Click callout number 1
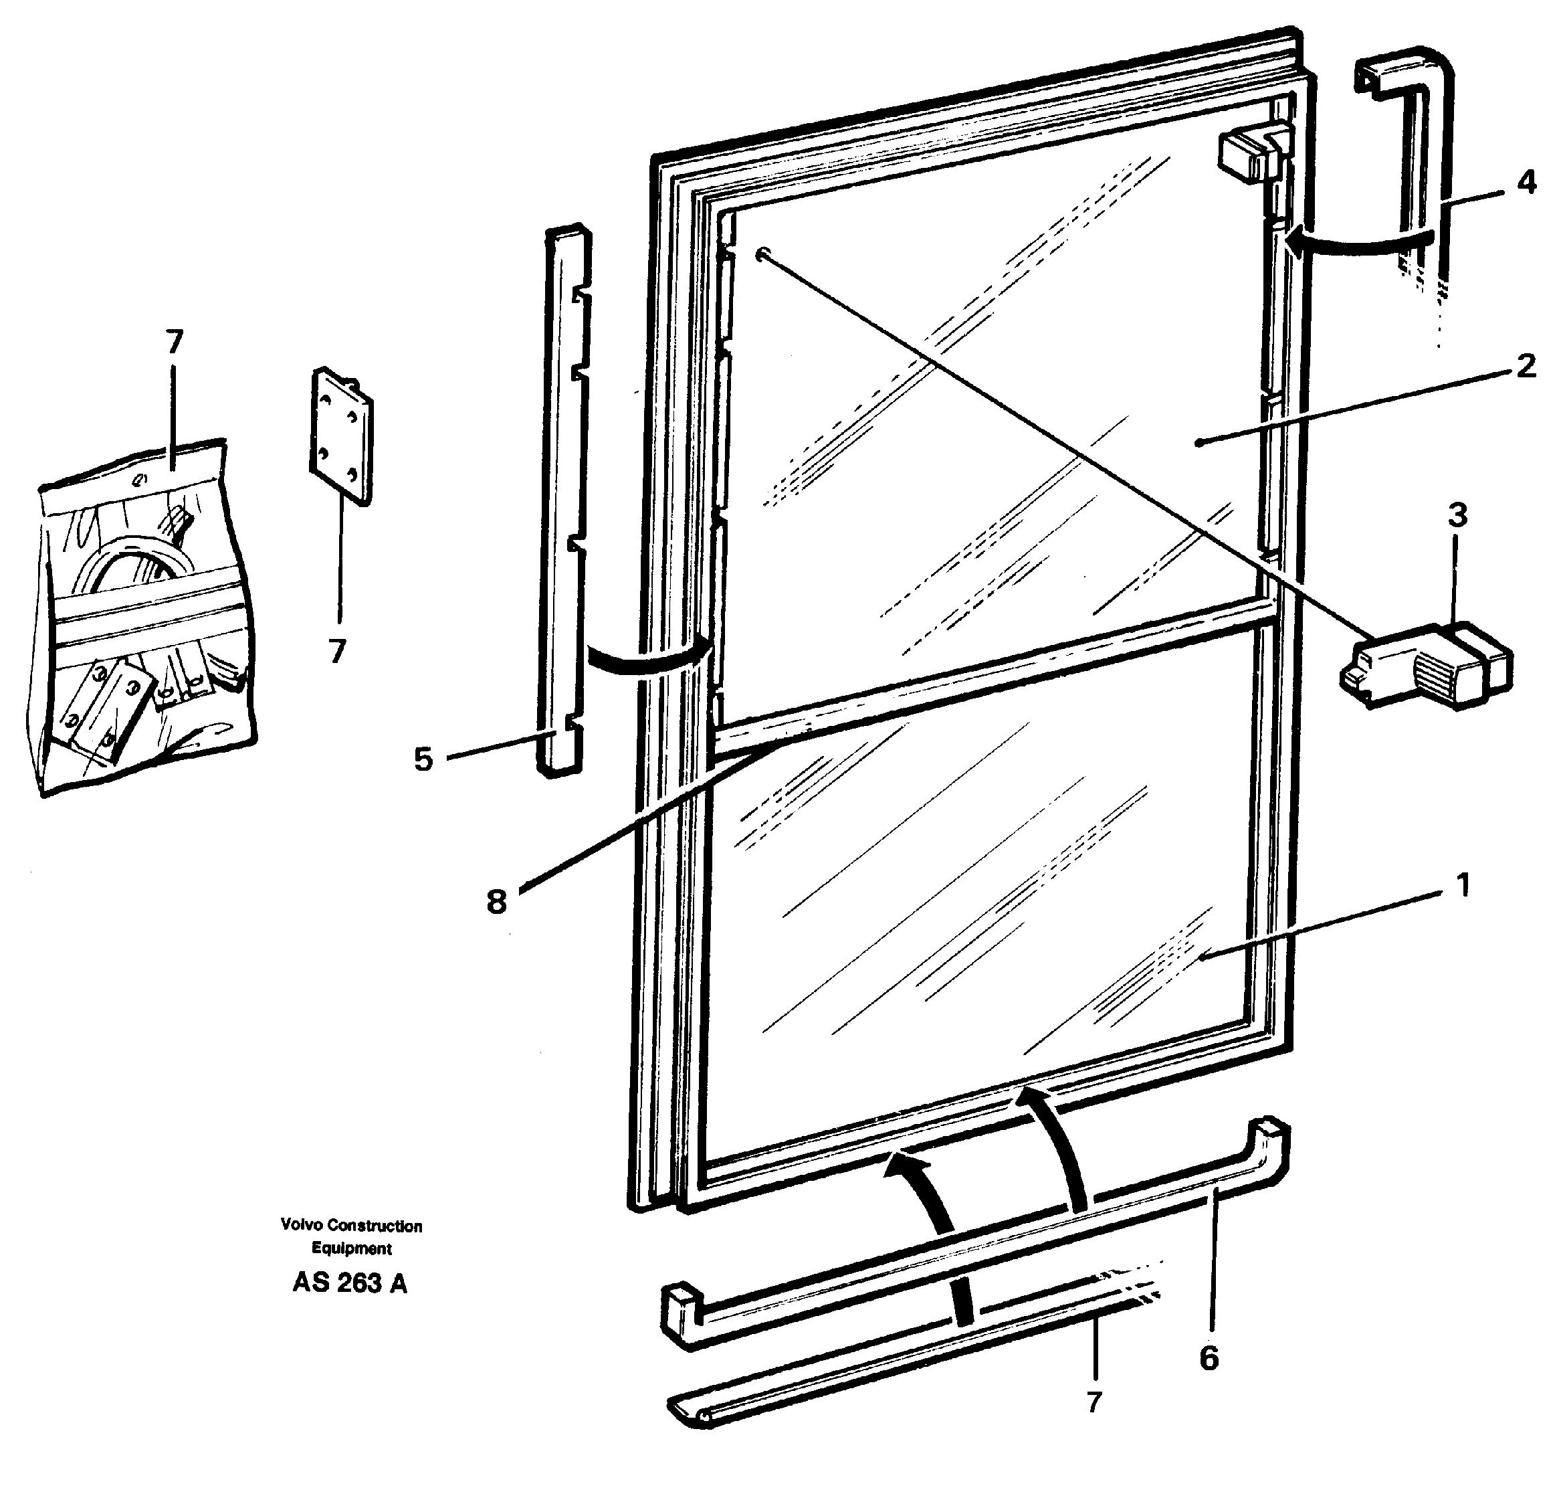[x=1462, y=885]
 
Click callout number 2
[x=1525, y=367]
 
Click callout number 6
[x=1209, y=1358]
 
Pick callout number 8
[x=496, y=902]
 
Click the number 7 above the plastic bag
[x=174, y=342]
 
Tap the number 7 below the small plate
[x=337, y=652]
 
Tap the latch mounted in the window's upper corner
[x=1249, y=155]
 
